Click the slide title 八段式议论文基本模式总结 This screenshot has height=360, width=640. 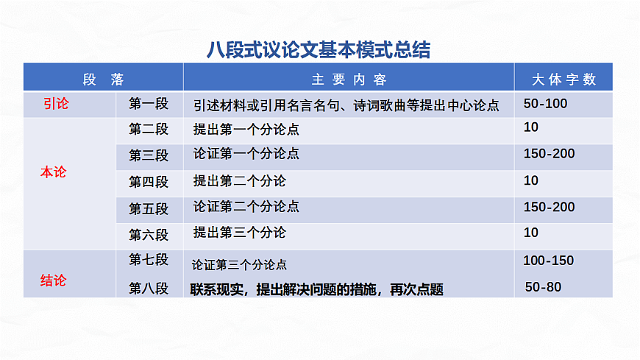tap(319, 49)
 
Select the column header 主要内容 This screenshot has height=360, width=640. tap(349, 79)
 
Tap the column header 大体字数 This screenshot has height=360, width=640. tap(563, 79)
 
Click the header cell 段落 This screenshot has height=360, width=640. tap(103, 79)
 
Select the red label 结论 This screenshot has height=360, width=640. tap(53, 280)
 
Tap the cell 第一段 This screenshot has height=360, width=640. tap(149, 104)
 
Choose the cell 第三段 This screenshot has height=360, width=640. tap(149, 155)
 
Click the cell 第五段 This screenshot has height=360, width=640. tap(149, 208)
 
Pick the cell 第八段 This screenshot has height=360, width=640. tap(149, 289)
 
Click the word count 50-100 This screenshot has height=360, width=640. tap(545, 104)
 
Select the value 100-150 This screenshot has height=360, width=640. tap(548, 261)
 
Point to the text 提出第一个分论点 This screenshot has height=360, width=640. tap(246, 130)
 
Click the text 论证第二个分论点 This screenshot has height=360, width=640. tap(246, 207)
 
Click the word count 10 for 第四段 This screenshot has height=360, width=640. tap(530, 180)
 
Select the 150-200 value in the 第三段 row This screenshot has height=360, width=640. tap(549, 154)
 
